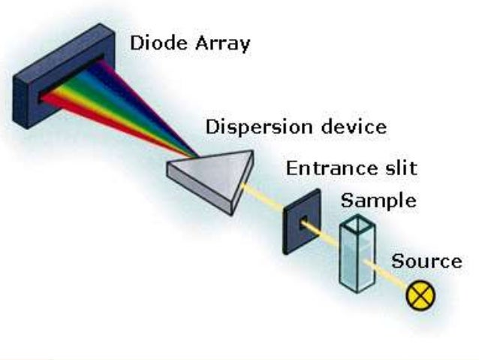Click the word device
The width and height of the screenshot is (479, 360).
[352, 126]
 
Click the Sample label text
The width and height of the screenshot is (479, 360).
[378, 201]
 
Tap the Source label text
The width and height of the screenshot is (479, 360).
[426, 262]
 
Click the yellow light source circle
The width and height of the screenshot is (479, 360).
[420, 295]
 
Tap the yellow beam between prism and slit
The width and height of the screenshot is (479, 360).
[263, 199]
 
